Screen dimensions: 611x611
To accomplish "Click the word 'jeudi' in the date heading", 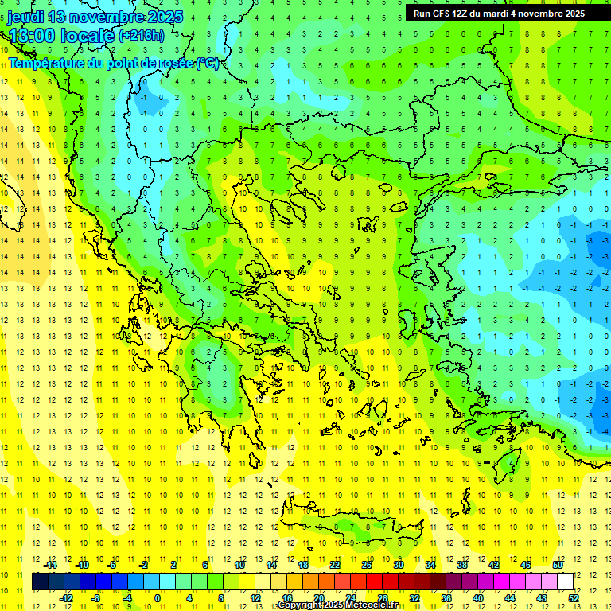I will click(25, 17).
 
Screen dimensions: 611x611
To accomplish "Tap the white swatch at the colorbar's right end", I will click(565, 582).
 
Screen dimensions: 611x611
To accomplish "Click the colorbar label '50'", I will click(557, 565).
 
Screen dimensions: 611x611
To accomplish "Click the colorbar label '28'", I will click(382, 598).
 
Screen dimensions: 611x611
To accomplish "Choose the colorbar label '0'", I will click(158, 598).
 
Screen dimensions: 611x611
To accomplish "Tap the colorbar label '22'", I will click(335, 565).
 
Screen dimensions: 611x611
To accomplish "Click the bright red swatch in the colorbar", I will click(374, 582).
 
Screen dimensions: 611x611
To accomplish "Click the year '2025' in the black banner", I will click(570, 13).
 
